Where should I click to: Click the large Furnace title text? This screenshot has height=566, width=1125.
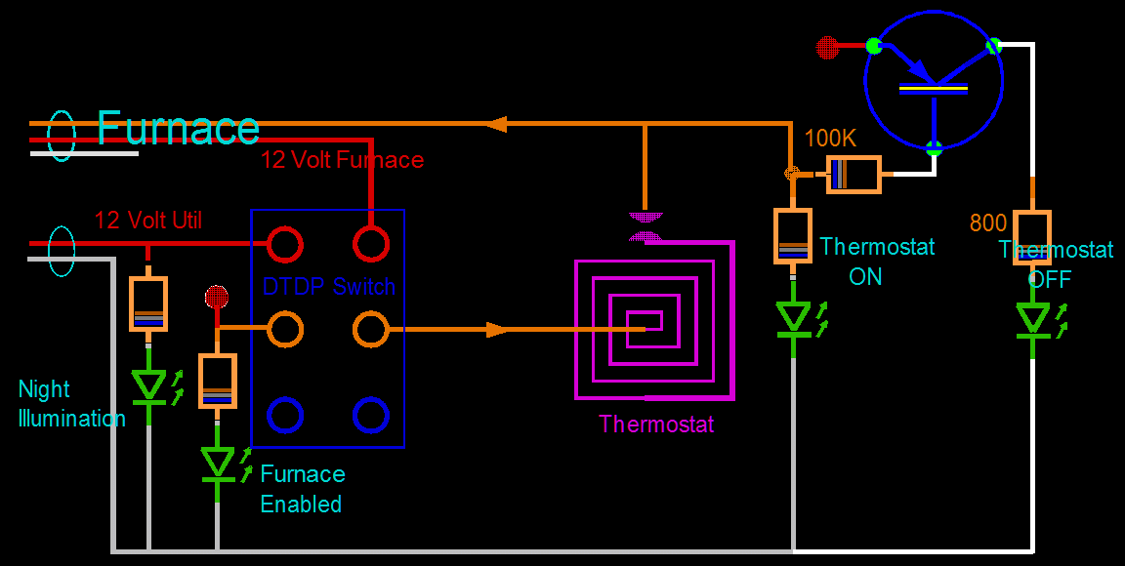coord(178,129)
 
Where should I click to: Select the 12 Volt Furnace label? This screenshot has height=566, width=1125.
coord(342,160)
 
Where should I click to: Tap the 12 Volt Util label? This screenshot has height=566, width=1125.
coord(148,221)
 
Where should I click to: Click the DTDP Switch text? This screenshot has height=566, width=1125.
coord(329,287)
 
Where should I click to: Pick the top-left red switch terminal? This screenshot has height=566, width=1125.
coord(285,244)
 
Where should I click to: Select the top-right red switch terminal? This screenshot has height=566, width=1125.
coord(371,244)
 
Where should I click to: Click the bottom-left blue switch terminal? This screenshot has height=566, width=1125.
coord(285,415)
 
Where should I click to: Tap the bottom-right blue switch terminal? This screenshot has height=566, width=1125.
coord(371,415)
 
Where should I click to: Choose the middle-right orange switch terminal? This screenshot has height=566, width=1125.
coord(371,330)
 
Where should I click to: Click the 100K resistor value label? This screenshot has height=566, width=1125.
coord(829,139)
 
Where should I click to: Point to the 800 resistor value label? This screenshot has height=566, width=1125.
coord(987,223)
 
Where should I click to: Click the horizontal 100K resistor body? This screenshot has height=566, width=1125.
coord(854,175)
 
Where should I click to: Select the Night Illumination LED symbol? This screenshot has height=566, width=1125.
coord(149,386)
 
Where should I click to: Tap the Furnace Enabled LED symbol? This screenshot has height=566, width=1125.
coord(218,463)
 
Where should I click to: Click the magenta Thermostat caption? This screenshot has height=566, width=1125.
coord(656,424)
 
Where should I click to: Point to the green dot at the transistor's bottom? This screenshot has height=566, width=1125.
coord(935,149)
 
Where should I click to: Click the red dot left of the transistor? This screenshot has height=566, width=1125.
coord(826,46)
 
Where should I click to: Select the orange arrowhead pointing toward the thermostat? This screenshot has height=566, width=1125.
coord(497,330)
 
